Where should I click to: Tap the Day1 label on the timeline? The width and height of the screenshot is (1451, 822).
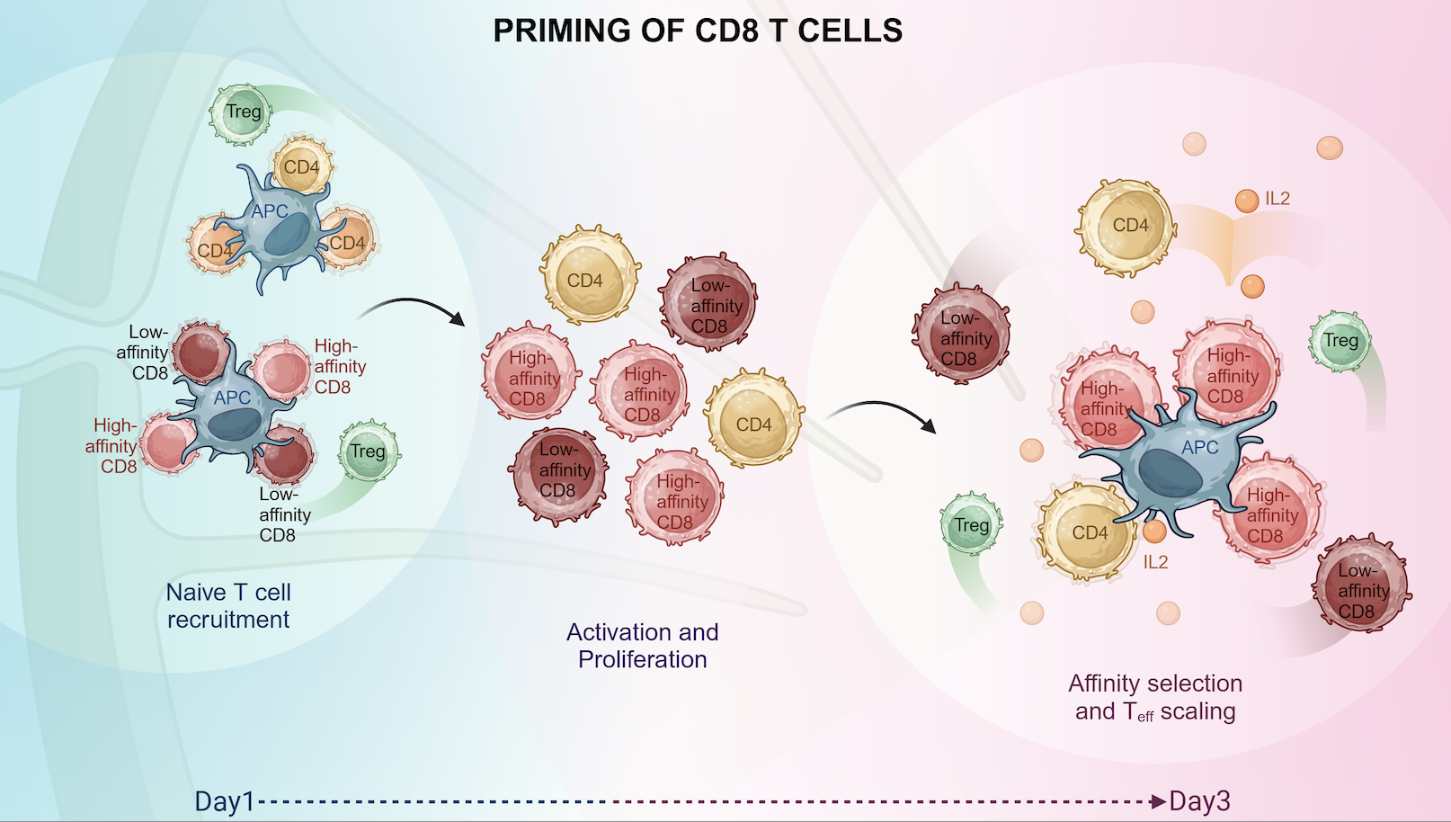[x=225, y=801]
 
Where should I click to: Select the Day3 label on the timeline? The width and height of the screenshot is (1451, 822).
[x=1199, y=801]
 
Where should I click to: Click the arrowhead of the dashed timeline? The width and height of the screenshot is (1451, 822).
[x=1159, y=801]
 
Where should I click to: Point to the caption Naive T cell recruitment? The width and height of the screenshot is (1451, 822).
[x=228, y=606]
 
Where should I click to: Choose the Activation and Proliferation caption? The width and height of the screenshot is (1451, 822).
[x=642, y=646]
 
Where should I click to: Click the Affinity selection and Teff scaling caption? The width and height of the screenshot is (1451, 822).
[x=1155, y=698]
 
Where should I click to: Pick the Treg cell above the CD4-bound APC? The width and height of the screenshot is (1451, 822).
[x=241, y=113]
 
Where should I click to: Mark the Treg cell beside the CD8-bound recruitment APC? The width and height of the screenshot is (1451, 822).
[x=367, y=451]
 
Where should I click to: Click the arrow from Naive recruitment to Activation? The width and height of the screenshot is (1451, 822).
[x=414, y=308]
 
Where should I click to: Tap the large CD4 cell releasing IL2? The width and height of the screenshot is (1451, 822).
[x=1128, y=226]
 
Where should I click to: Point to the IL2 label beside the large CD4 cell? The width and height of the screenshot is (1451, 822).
[x=1277, y=199]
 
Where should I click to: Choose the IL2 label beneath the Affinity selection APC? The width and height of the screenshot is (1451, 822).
[x=1155, y=563]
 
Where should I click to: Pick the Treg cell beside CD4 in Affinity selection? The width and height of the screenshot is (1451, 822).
[x=971, y=524]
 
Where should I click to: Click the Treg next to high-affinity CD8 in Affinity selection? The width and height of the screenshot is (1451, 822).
[x=1340, y=341]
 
